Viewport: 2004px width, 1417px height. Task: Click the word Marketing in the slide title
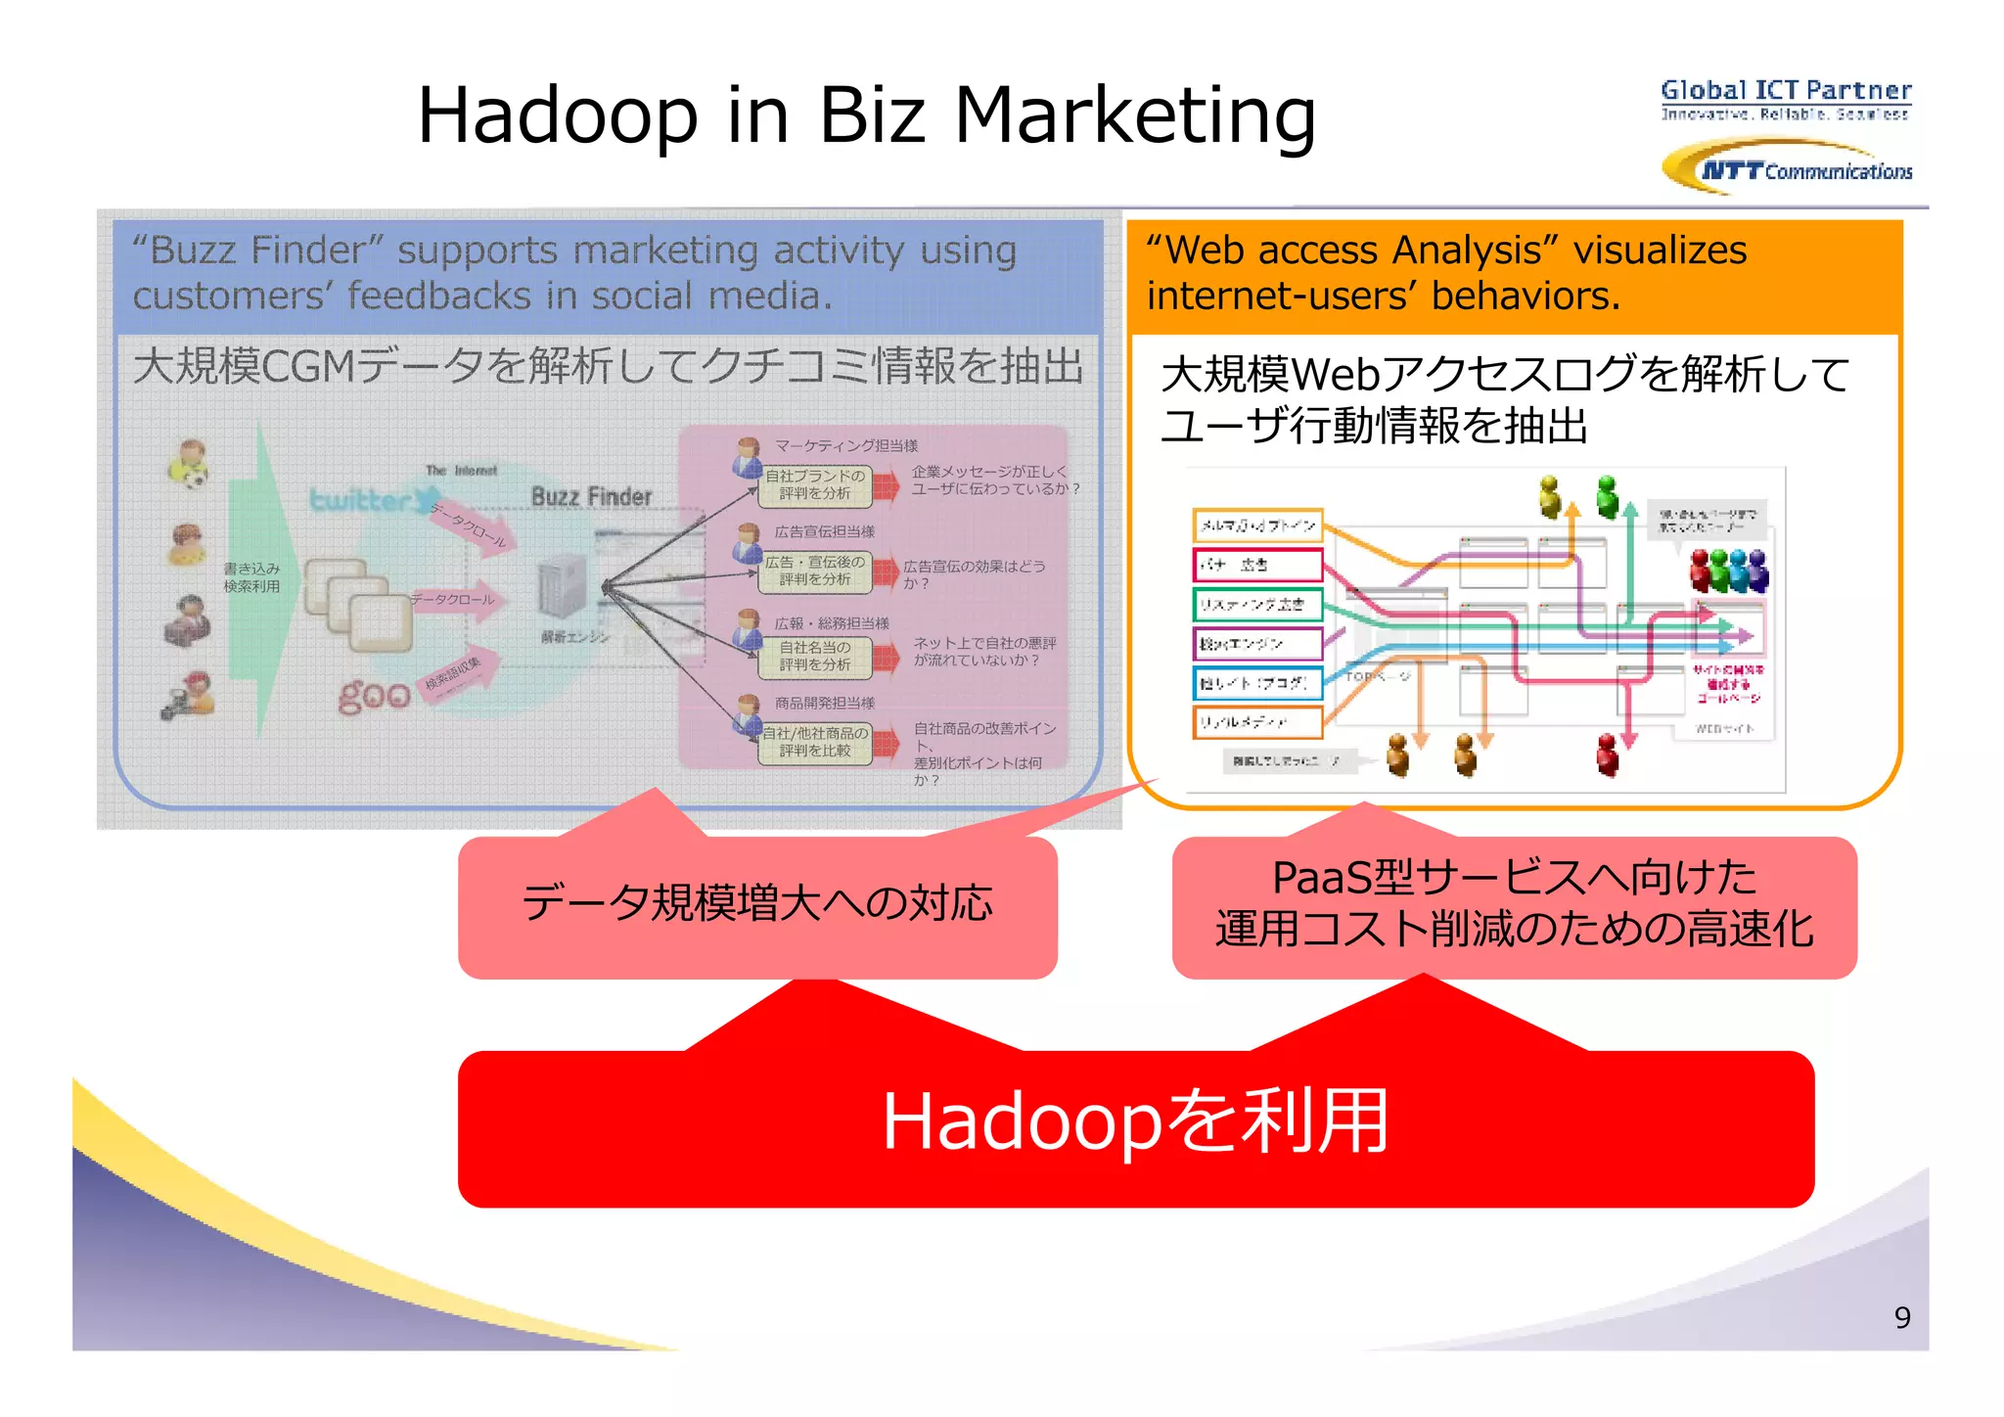point(1134,114)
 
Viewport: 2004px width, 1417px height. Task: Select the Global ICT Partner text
point(1786,91)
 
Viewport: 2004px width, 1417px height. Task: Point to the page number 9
point(1901,1317)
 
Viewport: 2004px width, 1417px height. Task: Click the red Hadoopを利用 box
point(1135,1125)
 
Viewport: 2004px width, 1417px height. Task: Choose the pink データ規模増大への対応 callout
point(757,904)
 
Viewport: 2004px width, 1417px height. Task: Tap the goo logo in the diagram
point(374,694)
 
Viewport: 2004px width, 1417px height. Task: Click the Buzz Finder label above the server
point(591,497)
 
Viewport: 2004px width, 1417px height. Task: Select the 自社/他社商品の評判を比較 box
point(815,742)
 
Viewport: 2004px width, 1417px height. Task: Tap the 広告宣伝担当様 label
point(825,531)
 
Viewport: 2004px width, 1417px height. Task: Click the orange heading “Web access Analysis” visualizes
point(1446,251)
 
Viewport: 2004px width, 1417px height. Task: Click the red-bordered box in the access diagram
point(1257,565)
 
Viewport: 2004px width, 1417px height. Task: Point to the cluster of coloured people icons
point(1729,570)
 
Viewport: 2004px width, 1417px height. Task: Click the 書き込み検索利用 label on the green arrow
point(251,577)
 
